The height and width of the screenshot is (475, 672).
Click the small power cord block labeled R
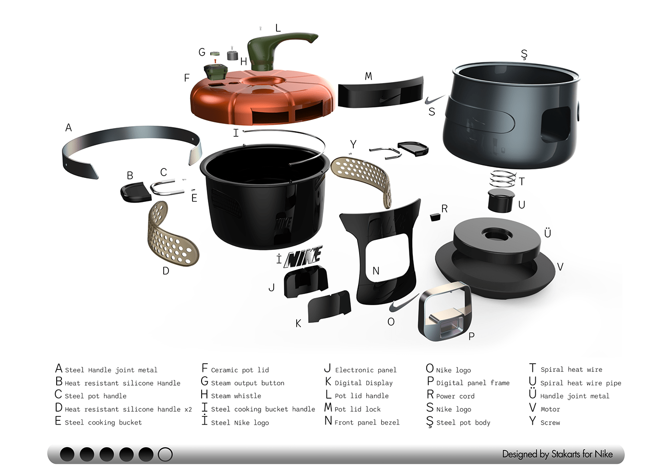click(x=435, y=217)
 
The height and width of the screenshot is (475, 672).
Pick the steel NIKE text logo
click(x=303, y=257)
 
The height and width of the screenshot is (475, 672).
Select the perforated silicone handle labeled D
click(x=172, y=235)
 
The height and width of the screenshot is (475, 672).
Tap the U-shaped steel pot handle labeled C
click(x=167, y=187)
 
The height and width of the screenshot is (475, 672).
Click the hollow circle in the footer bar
click(x=165, y=454)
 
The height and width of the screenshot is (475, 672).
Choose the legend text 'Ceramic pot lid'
click(x=240, y=370)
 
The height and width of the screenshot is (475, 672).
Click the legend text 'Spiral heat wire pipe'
click(x=581, y=383)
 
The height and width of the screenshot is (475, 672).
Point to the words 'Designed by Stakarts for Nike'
click(x=557, y=454)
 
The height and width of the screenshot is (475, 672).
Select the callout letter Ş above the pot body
click(x=524, y=54)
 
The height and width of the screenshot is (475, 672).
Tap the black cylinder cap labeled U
click(x=501, y=200)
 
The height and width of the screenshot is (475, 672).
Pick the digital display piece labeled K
click(x=329, y=307)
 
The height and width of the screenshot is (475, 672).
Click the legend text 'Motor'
click(x=550, y=409)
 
